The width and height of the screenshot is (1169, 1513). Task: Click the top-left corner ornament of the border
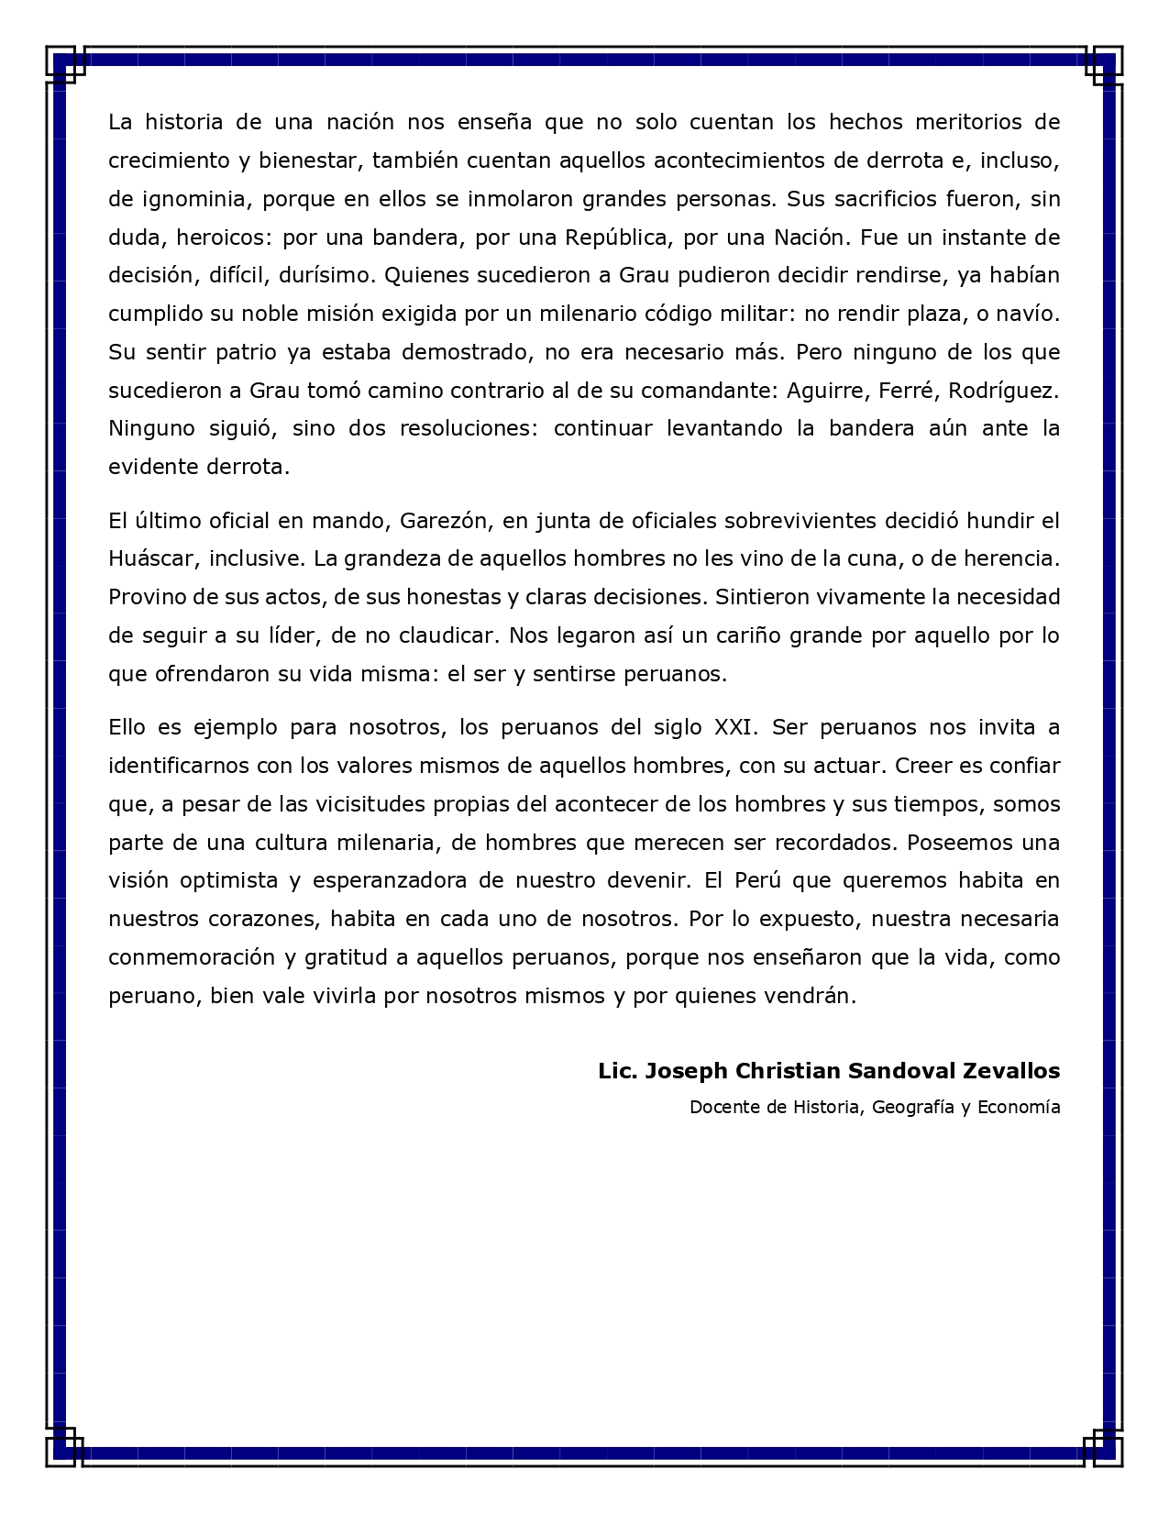[x=66, y=64]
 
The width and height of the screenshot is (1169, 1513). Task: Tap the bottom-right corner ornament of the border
[x=1102, y=1447]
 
